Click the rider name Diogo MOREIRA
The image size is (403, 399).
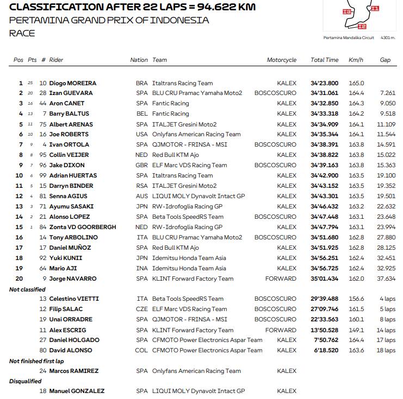pyautogui.click(x=72, y=83)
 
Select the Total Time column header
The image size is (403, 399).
pyautogui.click(x=324, y=60)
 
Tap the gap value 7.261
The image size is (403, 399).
pyautogui.click(x=387, y=93)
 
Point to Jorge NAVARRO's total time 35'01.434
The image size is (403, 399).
pyautogui.click(x=324, y=278)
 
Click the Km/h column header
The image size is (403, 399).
pyautogui.click(x=356, y=60)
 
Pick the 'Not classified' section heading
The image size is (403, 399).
pyautogui.click(x=27, y=289)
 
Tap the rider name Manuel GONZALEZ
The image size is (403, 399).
pyautogui.click(x=77, y=391)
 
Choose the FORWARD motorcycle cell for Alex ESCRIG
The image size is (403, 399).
pyautogui.click(x=281, y=330)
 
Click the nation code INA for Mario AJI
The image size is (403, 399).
pyautogui.click(x=141, y=268)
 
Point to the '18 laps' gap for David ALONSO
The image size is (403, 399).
pyautogui.click(x=386, y=351)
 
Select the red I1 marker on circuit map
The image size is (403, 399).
pyautogui.click(x=374, y=9)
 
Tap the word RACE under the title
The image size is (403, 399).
pyautogui.click(x=22, y=33)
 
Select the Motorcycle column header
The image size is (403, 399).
pyautogui.click(x=281, y=60)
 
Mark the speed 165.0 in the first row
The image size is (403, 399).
pyautogui.click(x=356, y=83)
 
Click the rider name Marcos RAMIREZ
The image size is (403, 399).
pyautogui.click(x=74, y=371)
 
